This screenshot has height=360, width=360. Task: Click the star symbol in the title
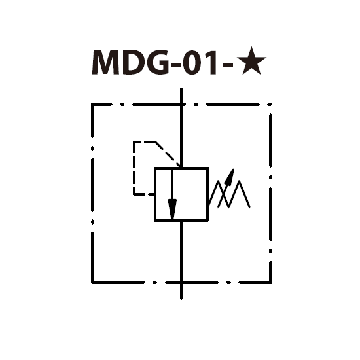pyautogui.click(x=251, y=62)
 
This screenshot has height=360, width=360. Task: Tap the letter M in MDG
pyautogui.click(x=105, y=62)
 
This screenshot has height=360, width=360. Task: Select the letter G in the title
pyautogui.click(x=157, y=62)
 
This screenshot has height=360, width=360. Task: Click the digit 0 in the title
pyautogui.click(x=192, y=62)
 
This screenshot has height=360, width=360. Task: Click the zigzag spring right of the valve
pyautogui.click(x=229, y=194)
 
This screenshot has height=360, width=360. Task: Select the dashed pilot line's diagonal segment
pyautogui.click(x=168, y=154)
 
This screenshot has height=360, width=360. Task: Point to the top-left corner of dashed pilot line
pyautogui.click(x=134, y=142)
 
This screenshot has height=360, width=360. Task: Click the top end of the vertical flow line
pyautogui.click(x=181, y=88)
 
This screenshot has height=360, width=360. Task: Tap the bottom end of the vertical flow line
pyautogui.click(x=181, y=298)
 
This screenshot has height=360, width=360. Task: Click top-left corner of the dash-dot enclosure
pyautogui.click(x=92, y=105)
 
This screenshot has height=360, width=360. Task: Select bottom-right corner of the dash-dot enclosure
pyautogui.click(x=270, y=283)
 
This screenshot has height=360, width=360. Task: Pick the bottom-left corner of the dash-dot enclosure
pyautogui.click(x=92, y=283)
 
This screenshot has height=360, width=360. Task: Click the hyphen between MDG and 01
pyautogui.click(x=176, y=65)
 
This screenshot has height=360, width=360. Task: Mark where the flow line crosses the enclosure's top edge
pyautogui.click(x=181, y=105)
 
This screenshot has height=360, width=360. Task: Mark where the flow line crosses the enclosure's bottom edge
pyautogui.click(x=181, y=283)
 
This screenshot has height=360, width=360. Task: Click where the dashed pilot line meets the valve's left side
pyautogui.click(x=154, y=194)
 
